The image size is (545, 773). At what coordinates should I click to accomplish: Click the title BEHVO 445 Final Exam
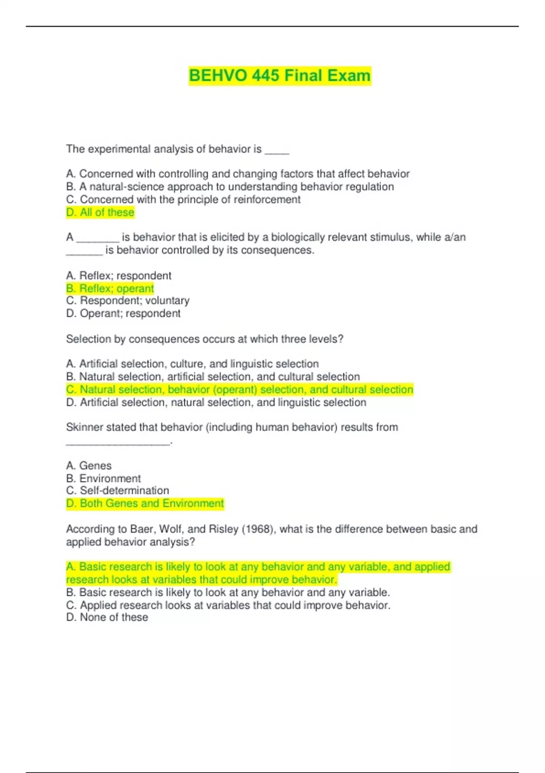[280, 75]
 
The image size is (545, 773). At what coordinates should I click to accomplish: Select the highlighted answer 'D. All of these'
[100, 212]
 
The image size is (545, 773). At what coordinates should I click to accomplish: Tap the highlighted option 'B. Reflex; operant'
[110, 288]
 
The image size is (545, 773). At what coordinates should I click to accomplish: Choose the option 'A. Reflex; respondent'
[119, 276]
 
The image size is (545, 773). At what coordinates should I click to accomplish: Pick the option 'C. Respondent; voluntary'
[128, 301]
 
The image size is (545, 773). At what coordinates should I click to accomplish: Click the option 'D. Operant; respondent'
[123, 313]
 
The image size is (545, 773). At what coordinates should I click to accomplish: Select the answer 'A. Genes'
[89, 466]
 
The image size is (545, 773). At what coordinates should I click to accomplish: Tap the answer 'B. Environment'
[103, 478]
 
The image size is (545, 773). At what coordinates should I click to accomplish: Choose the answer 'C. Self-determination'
[117, 491]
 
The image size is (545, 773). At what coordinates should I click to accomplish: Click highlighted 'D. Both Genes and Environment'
[145, 503]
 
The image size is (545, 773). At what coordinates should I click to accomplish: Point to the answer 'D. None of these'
[107, 617]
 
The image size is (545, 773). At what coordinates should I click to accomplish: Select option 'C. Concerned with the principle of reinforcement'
[183, 200]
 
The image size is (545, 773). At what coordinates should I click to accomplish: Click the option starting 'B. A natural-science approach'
[230, 187]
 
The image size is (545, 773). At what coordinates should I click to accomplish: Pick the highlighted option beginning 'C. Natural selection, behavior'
[239, 390]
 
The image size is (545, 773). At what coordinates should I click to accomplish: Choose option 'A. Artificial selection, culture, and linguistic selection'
[192, 364]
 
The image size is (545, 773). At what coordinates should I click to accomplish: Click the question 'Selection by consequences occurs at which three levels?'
[204, 339]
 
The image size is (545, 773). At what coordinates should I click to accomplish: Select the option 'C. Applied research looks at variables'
[228, 605]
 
